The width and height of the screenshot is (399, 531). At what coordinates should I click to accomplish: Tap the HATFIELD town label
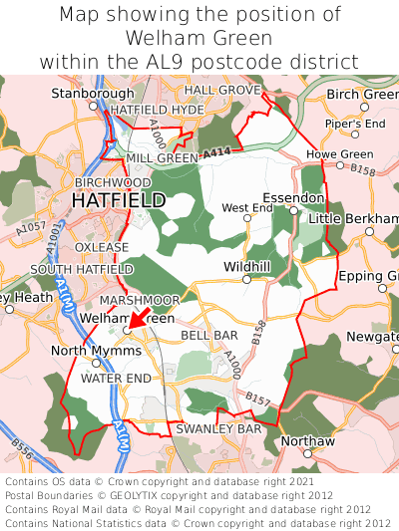click(x=119, y=201)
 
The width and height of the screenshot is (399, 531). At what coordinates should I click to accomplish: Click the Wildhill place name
click(x=247, y=267)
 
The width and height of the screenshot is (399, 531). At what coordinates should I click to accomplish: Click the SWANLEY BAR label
click(x=217, y=428)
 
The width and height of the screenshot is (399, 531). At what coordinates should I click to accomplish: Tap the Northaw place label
click(x=307, y=440)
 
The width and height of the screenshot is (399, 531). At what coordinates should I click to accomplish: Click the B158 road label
click(x=363, y=171)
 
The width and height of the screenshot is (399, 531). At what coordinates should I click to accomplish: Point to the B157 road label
click(x=257, y=399)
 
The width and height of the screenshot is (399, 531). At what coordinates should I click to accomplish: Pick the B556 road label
click(x=22, y=455)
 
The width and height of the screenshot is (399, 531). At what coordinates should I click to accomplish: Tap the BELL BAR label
click(x=209, y=336)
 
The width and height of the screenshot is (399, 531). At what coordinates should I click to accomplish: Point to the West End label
click(x=246, y=207)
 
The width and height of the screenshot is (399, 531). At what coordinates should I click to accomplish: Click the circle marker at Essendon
click(x=293, y=210)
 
